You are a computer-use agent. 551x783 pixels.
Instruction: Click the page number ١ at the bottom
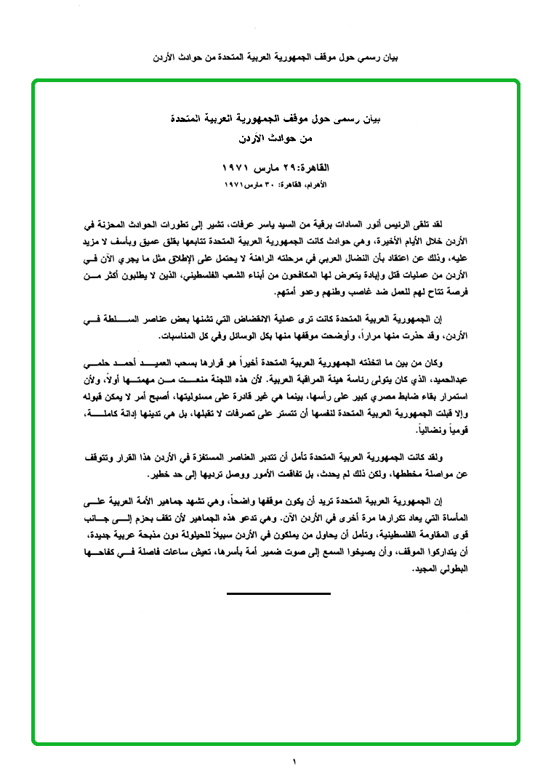[x=294, y=762]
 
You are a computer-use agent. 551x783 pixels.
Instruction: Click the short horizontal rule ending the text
[x=278, y=593]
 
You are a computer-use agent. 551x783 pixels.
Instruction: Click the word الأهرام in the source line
[x=316, y=185]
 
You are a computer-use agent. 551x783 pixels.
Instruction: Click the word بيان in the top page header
[x=391, y=56]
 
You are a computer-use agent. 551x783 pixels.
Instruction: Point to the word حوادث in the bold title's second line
[x=283, y=137]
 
